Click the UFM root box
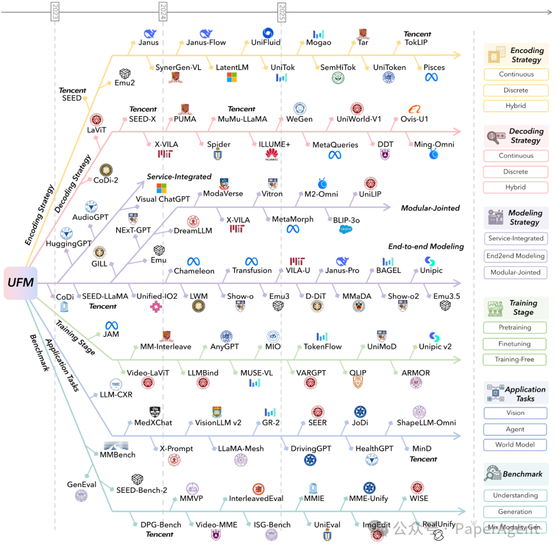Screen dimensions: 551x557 (x=21, y=283)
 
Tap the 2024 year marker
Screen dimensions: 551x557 (x=163, y=11)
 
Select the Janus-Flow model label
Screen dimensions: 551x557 (x=206, y=42)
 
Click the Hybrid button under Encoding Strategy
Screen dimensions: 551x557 (x=516, y=106)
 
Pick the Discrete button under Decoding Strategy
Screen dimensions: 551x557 (x=516, y=172)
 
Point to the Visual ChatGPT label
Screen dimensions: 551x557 (x=163, y=199)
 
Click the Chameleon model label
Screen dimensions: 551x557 (x=194, y=271)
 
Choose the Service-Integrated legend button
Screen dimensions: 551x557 (x=516, y=239)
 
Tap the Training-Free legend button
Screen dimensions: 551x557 (x=514, y=359)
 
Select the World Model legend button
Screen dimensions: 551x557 (x=515, y=444)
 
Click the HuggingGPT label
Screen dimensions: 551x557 (x=69, y=243)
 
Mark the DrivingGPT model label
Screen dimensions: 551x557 (x=310, y=448)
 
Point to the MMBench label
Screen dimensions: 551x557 (x=118, y=455)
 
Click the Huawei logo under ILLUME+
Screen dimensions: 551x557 (x=272, y=154)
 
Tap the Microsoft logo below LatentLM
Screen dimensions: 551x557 (x=232, y=77)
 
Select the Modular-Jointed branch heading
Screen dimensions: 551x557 (x=430, y=208)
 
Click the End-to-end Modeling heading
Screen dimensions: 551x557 (x=426, y=246)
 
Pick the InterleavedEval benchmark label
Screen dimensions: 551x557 (x=256, y=498)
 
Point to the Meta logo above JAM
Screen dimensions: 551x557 (x=111, y=325)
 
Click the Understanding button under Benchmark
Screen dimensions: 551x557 (x=515, y=495)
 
